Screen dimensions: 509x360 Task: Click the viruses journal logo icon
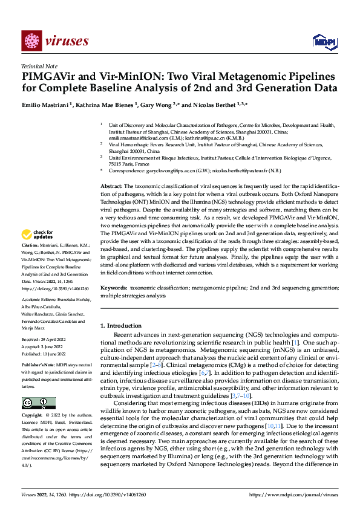[x=31, y=41]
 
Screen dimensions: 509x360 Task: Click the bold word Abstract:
[x=111, y=187]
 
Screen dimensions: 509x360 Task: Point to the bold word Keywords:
[x=113, y=289]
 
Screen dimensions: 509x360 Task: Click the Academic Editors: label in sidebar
[x=40, y=299]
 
